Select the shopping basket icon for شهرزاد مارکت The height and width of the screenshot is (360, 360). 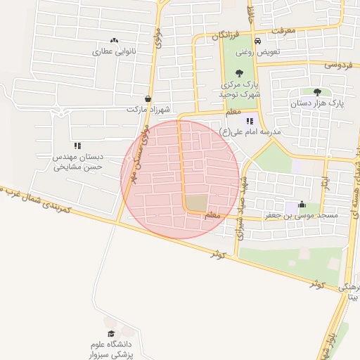148,99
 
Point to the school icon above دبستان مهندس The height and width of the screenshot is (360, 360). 77,146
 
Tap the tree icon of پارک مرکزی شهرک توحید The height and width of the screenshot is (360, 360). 240,72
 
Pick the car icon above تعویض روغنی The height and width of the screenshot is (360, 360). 257,41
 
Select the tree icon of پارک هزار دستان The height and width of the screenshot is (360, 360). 317,91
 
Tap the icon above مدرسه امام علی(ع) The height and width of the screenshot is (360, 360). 251,121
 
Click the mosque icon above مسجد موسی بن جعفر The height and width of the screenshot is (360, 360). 302,205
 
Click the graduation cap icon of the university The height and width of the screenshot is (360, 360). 110,333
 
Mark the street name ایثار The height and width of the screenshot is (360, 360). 326,181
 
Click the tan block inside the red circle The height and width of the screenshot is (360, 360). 197,204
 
